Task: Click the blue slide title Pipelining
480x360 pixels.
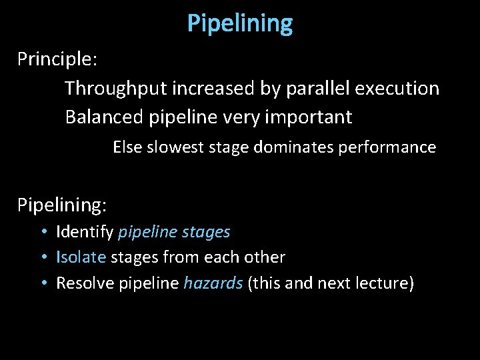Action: point(240,24)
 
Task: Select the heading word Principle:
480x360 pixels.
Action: point(58,59)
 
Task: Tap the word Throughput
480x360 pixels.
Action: point(117,89)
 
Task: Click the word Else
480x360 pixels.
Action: point(127,147)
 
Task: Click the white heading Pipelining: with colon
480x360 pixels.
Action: point(62,205)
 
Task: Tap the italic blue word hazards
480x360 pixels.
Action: point(213,283)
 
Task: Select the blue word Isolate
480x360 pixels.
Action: point(81,257)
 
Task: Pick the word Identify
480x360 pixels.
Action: point(85,232)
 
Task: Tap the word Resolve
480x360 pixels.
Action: point(85,283)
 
